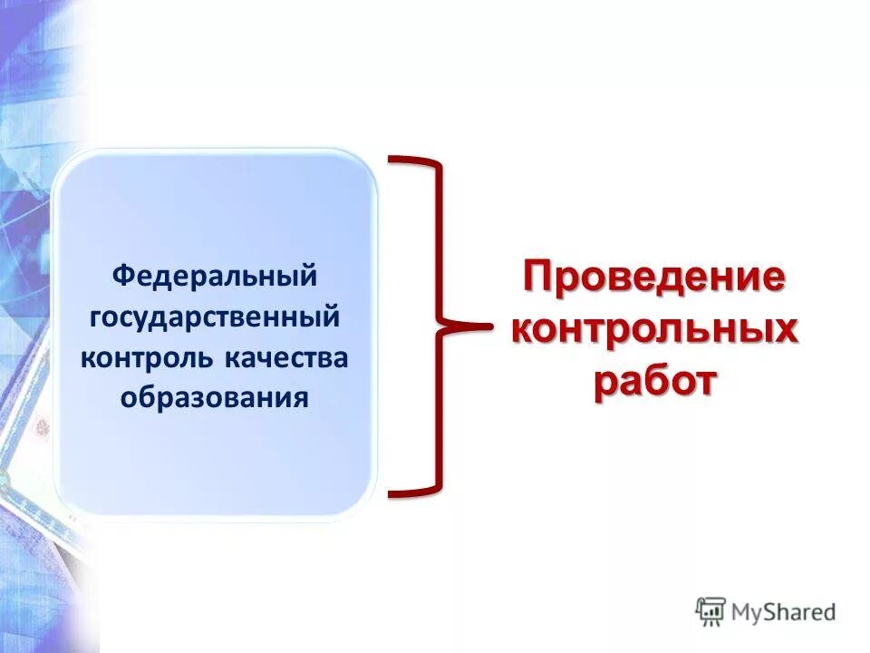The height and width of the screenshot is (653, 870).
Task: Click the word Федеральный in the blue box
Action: pyautogui.click(x=215, y=275)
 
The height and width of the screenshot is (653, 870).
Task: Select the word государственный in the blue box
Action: pyautogui.click(x=215, y=317)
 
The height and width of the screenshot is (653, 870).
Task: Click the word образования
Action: pyautogui.click(x=215, y=397)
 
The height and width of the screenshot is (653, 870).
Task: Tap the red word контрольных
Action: pyautogui.click(x=654, y=329)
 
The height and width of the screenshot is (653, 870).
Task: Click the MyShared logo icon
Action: pyautogui.click(x=711, y=611)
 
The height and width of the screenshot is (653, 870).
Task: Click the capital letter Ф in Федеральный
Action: pyautogui.click(x=121, y=275)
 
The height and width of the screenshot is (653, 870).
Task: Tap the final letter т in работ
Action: pyautogui.click(x=702, y=382)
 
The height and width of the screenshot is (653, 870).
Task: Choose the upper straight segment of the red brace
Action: pyautogui.click(x=441, y=240)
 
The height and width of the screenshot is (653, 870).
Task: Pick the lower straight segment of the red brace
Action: pyautogui.click(x=441, y=413)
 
